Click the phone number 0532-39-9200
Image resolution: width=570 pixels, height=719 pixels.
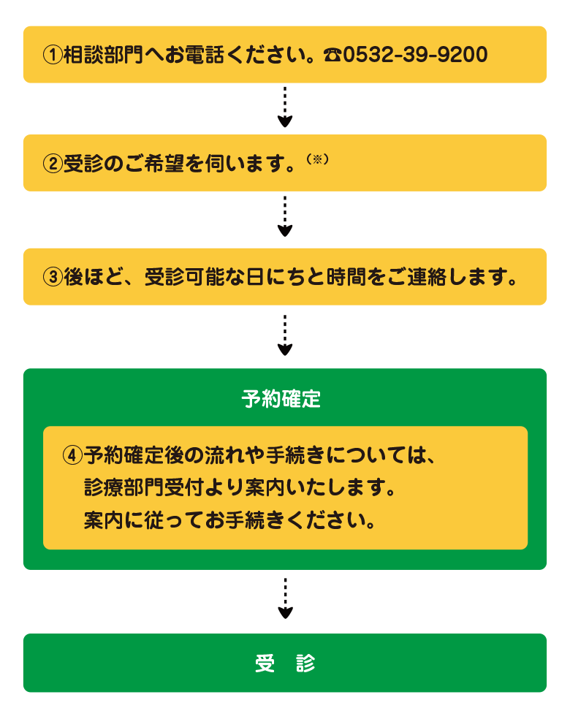[416, 55]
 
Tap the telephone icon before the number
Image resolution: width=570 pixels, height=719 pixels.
[332, 55]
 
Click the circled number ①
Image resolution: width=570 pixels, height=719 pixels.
[53, 55]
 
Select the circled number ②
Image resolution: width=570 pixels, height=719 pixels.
[53, 164]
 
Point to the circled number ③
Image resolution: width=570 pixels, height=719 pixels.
[53, 277]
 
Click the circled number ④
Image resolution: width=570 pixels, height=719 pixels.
[72, 455]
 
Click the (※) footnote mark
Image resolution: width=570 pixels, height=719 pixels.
[317, 159]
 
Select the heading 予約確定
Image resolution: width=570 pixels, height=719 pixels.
[281, 398]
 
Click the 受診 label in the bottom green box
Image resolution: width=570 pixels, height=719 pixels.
[285, 663]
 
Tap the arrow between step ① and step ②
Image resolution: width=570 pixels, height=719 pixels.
[285, 107]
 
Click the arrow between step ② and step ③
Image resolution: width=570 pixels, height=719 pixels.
[285, 216]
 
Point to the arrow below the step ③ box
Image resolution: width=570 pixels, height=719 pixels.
[285, 335]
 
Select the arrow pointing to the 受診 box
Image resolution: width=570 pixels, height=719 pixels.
[285, 598]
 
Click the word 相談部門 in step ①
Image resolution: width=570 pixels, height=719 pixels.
[104, 55]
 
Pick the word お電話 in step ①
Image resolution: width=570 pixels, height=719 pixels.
[195, 55]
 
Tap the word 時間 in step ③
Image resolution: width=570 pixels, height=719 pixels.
[346, 277]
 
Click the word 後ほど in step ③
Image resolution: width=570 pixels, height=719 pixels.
[94, 277]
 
